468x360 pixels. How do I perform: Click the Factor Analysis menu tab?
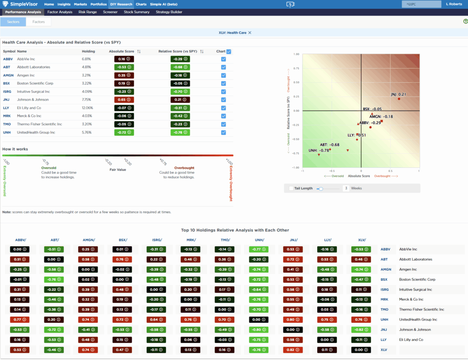pyautogui.click(x=60, y=12)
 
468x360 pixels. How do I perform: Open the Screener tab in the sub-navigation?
pyautogui.click(x=110, y=12)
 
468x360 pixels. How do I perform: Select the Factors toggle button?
pyautogui.click(x=38, y=21)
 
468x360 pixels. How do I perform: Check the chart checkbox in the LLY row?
pyautogui.click(x=223, y=108)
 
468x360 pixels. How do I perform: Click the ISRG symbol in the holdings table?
pyautogui.click(x=8, y=91)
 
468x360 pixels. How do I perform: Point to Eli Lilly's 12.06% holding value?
pyautogui.click(x=86, y=108)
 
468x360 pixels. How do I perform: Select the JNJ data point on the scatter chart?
pyautogui.click(x=399, y=99)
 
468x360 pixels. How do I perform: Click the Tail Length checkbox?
pyautogui.click(x=291, y=188)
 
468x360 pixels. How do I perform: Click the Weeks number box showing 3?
pyautogui.click(x=346, y=188)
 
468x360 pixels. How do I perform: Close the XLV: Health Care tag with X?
pyautogui.click(x=250, y=32)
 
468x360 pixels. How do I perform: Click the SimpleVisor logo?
pyautogui.click(x=21, y=4)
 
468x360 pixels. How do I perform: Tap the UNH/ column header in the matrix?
pyautogui.click(x=260, y=240)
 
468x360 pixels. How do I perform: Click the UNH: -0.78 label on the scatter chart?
pyautogui.click(x=319, y=150)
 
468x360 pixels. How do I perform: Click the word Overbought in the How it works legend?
pyautogui.click(x=184, y=168)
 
